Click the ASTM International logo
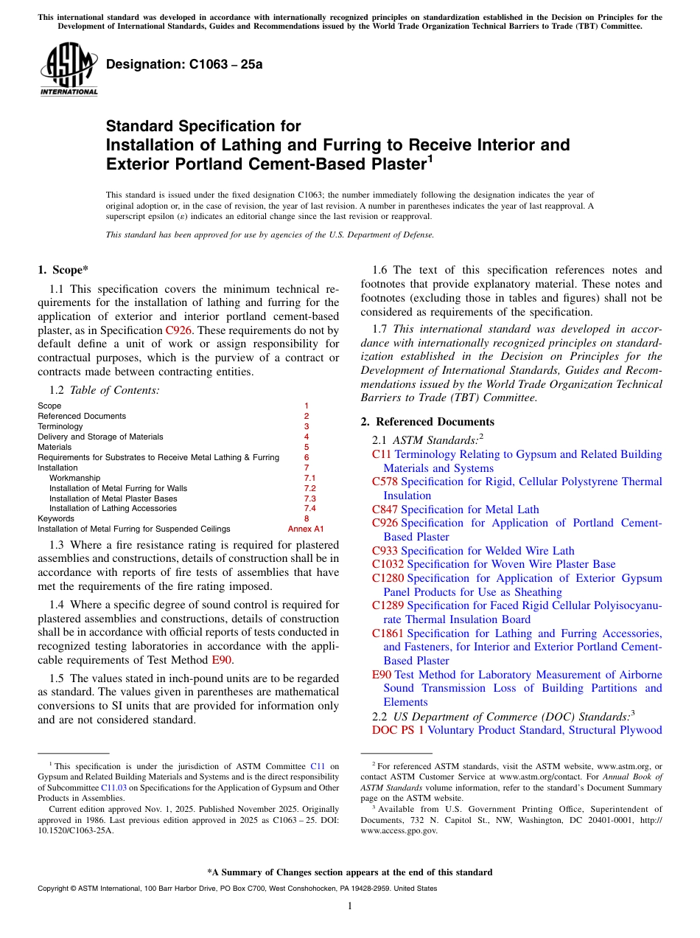pos(69,69)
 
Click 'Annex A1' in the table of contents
pos(305,529)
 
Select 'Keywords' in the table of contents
pos(55,518)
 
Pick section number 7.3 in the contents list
pos(309,498)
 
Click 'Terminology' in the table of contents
pos(60,426)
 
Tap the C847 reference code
pos(385,510)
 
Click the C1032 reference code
pos(388,564)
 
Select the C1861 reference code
pos(388,633)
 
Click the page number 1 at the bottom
pos(350,906)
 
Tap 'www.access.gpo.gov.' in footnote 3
pos(403,830)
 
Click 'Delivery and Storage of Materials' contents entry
pos(100,437)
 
